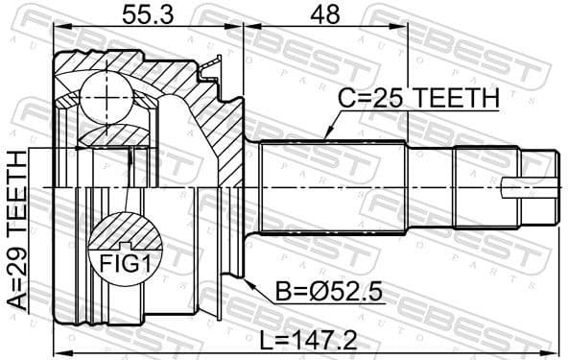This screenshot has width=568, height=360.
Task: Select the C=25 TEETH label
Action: pyautogui.click(x=419, y=100)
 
